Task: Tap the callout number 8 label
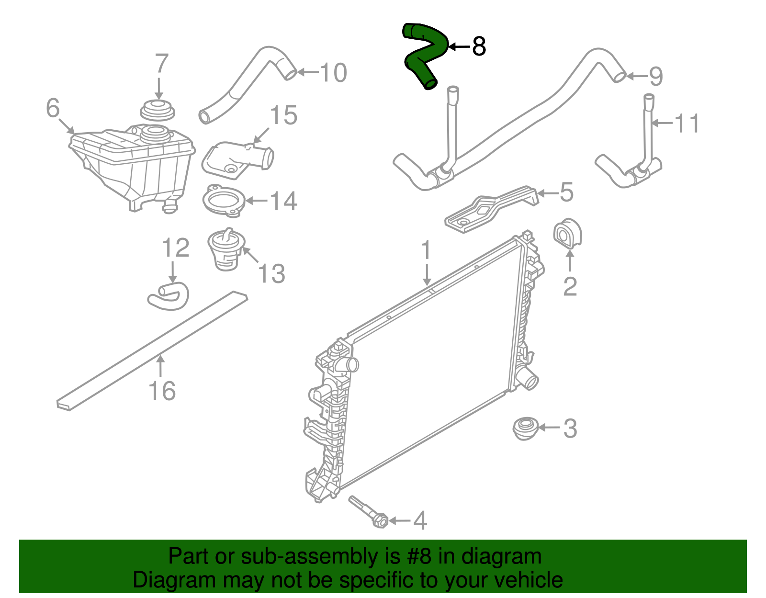[479, 46]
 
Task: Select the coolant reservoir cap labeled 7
[157, 111]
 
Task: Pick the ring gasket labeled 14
[224, 201]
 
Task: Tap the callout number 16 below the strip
[162, 391]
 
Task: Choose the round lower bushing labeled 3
[525, 428]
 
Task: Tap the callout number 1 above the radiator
[426, 251]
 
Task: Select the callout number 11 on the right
[687, 123]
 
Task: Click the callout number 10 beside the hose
[333, 73]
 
